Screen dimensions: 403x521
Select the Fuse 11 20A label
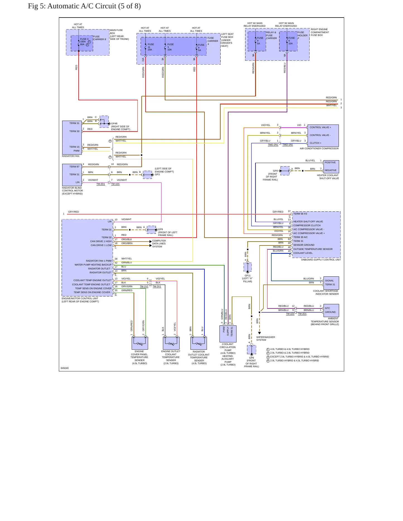tap(151, 47)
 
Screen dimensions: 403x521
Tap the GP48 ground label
tap(114, 123)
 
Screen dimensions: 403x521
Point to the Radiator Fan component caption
tap(71, 156)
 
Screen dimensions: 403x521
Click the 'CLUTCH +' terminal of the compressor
tap(315, 143)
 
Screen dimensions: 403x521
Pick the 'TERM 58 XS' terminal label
tap(300, 214)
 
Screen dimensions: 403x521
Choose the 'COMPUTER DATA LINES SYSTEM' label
tap(159, 244)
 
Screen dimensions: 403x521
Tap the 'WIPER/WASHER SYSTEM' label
tap(266, 339)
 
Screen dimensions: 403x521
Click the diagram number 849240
tap(65, 368)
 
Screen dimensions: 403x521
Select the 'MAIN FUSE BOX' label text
tap(116, 31)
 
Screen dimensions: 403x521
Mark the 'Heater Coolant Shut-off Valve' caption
tap(328, 177)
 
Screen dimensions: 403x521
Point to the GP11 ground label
tap(248, 276)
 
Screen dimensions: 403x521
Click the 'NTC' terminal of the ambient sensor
tap(327, 308)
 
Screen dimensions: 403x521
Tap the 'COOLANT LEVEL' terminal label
tap(303, 253)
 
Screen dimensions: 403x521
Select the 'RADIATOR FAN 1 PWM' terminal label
tap(99, 261)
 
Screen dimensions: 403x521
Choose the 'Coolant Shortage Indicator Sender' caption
tap(326, 292)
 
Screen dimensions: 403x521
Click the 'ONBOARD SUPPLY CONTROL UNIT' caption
tap(321, 260)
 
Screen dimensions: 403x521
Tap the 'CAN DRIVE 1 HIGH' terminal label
tap(101, 241)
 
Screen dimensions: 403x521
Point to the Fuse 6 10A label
tap(291, 41)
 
